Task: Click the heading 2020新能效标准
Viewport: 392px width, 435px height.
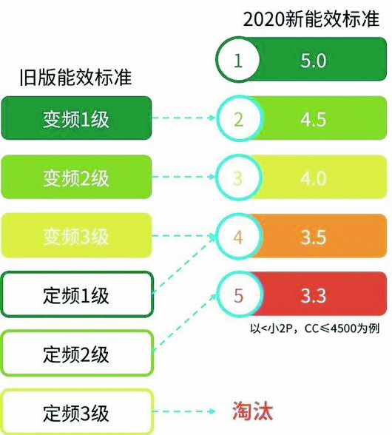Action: pos(311,19)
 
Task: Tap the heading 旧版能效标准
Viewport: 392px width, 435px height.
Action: pos(75,77)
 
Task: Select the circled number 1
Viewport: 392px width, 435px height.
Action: pos(237,60)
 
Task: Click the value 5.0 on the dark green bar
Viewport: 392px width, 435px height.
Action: pos(314,60)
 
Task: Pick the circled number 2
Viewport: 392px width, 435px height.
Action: pos(238,118)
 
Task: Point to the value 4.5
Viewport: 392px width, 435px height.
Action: pos(314,119)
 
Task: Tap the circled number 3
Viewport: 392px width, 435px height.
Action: pos(238,178)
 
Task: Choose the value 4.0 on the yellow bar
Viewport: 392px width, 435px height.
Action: pos(314,178)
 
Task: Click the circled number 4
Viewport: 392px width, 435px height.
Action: pos(238,237)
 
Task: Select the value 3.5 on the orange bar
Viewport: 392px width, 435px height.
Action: pos(314,237)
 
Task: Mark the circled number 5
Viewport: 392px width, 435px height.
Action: pos(238,295)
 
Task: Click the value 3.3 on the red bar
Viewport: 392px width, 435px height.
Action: pos(314,295)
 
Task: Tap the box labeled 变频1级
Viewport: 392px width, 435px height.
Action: pos(77,118)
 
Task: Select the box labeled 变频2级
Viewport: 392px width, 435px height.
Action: pos(77,177)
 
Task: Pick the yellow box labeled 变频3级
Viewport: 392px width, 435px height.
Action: pos(77,235)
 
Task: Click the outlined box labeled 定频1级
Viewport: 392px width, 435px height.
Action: pos(77,294)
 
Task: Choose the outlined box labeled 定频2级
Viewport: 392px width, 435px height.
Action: pos(77,353)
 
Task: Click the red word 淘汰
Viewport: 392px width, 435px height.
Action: pos(252,411)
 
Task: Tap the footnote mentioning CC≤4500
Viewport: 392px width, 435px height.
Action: pos(314,328)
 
